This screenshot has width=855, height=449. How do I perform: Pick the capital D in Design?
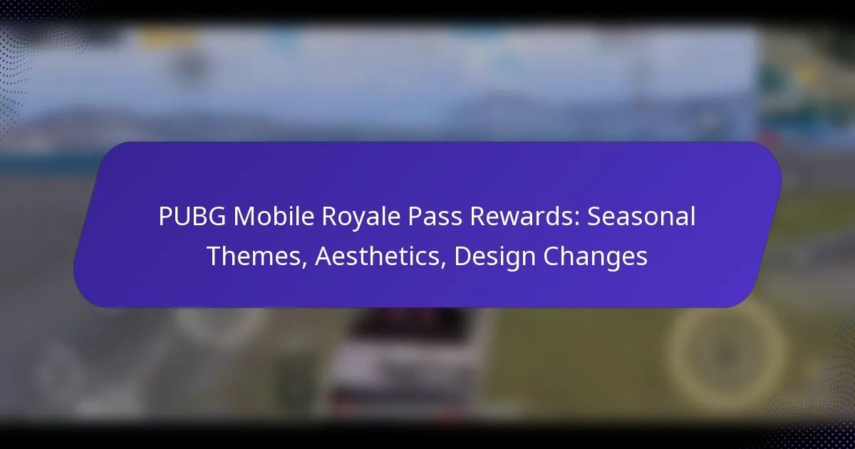[461, 256]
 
